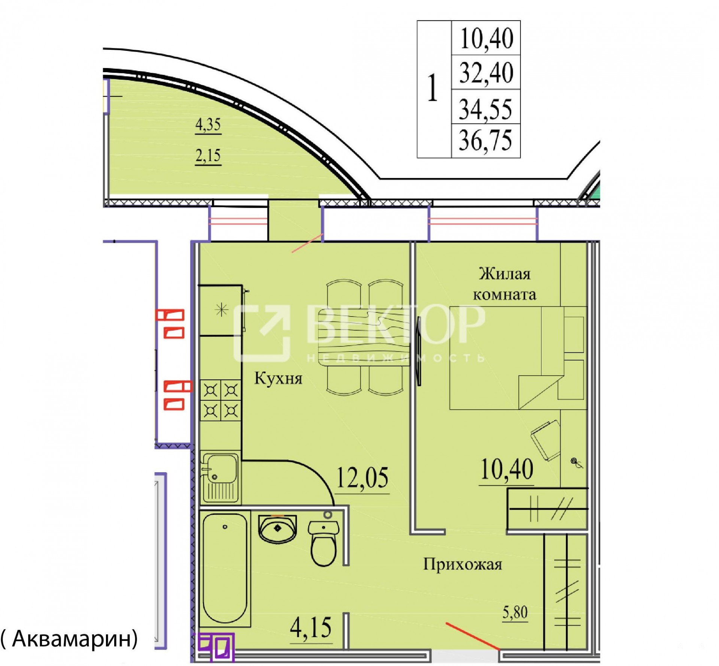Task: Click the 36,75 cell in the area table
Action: (x=486, y=141)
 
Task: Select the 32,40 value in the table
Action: (x=486, y=73)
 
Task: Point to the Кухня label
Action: (x=278, y=378)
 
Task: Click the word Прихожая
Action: (x=462, y=564)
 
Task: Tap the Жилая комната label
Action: (x=505, y=284)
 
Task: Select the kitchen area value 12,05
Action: (x=362, y=478)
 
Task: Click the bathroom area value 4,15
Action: (x=311, y=628)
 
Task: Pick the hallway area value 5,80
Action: (x=515, y=613)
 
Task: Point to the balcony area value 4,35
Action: (x=208, y=125)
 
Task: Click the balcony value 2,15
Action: (x=208, y=155)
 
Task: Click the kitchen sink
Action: (x=220, y=477)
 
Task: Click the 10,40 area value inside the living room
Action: (x=507, y=470)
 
